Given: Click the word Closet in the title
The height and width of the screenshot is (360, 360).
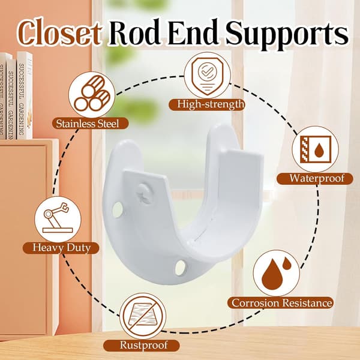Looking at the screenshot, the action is [59, 33].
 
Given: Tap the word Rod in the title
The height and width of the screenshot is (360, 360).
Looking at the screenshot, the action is [134, 33].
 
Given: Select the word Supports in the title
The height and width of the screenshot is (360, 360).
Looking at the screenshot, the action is [287, 34].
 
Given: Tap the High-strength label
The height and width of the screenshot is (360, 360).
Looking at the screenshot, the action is [207, 104].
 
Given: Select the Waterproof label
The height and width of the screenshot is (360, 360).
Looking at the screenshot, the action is [315, 178].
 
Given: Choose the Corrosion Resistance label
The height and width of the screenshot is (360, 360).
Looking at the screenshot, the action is [280, 302].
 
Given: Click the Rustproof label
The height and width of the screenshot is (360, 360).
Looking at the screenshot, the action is [141, 346].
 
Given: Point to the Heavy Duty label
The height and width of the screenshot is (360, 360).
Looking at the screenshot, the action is [61, 248].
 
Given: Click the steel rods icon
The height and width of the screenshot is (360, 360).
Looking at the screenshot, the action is [92, 95].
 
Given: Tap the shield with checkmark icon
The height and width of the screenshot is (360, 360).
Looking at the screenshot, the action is [208, 76].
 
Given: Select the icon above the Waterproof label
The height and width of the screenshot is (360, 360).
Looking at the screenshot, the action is [315, 149].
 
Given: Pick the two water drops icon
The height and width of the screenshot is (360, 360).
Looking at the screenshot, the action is [277, 273].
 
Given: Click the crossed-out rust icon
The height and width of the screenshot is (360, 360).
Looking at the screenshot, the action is [143, 316].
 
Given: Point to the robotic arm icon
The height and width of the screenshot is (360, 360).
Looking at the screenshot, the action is [58, 219].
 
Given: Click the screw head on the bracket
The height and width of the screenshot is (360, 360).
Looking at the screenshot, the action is [145, 193].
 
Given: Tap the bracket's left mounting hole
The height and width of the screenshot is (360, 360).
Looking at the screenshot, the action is [118, 209].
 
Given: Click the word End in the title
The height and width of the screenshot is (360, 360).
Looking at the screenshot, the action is [193, 33].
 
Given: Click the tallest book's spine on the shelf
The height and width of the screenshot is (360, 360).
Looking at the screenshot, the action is [25, 95].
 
